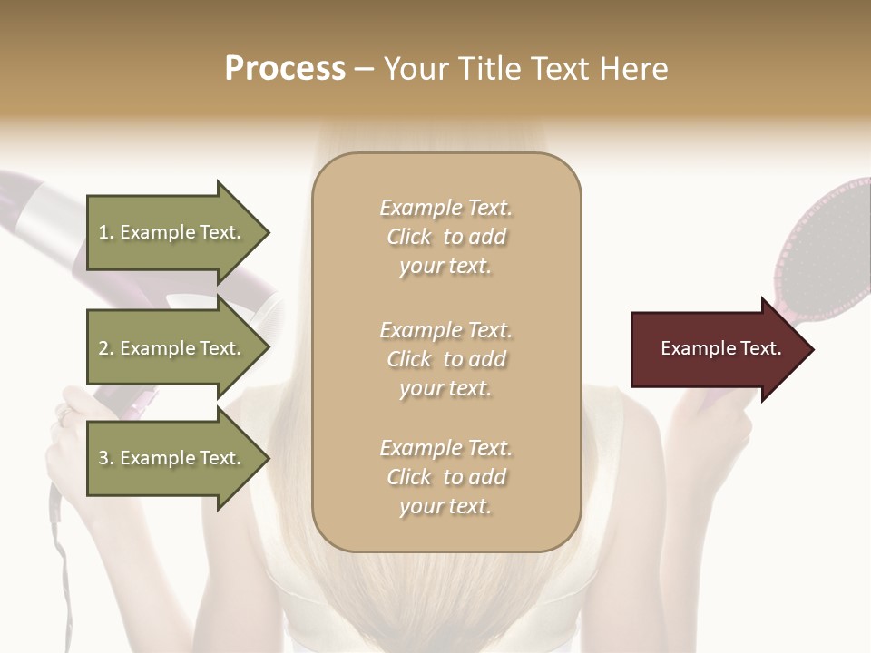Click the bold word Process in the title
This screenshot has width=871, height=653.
pyautogui.click(x=285, y=69)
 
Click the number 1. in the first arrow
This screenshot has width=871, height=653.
pyautogui.click(x=106, y=232)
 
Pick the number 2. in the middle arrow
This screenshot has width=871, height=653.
pyautogui.click(x=106, y=348)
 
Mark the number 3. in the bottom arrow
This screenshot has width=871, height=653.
pyautogui.click(x=106, y=458)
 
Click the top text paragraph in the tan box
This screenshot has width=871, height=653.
pyautogui.click(x=445, y=237)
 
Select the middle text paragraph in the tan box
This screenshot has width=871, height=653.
pyautogui.click(x=445, y=359)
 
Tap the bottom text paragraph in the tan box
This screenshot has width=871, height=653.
pyautogui.click(x=445, y=477)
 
